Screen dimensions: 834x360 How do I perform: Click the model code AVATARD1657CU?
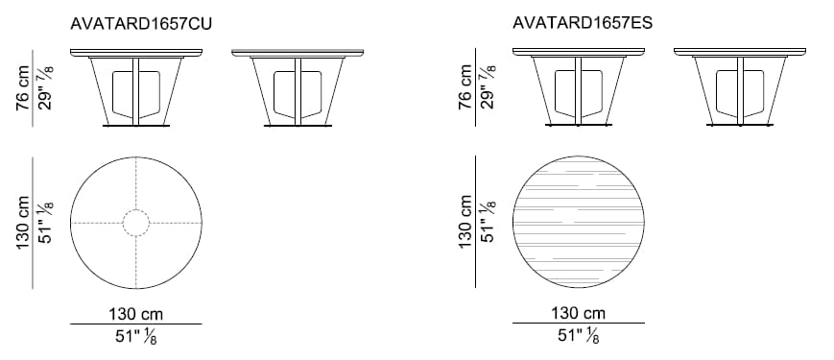(x=141, y=24)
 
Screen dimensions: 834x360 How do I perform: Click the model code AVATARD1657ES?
(x=583, y=23)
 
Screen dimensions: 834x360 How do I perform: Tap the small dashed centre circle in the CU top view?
(x=136, y=223)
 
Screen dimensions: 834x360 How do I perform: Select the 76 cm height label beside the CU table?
(x=23, y=87)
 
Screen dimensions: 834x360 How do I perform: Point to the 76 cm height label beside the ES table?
(x=465, y=87)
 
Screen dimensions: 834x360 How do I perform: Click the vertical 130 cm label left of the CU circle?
(x=23, y=223)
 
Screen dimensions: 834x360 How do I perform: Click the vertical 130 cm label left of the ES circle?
(x=465, y=221)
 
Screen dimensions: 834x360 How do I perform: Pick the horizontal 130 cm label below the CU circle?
(x=136, y=314)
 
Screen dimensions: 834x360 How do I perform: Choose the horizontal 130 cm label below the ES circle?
(x=578, y=313)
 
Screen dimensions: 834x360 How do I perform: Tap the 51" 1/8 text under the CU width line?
(x=136, y=336)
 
